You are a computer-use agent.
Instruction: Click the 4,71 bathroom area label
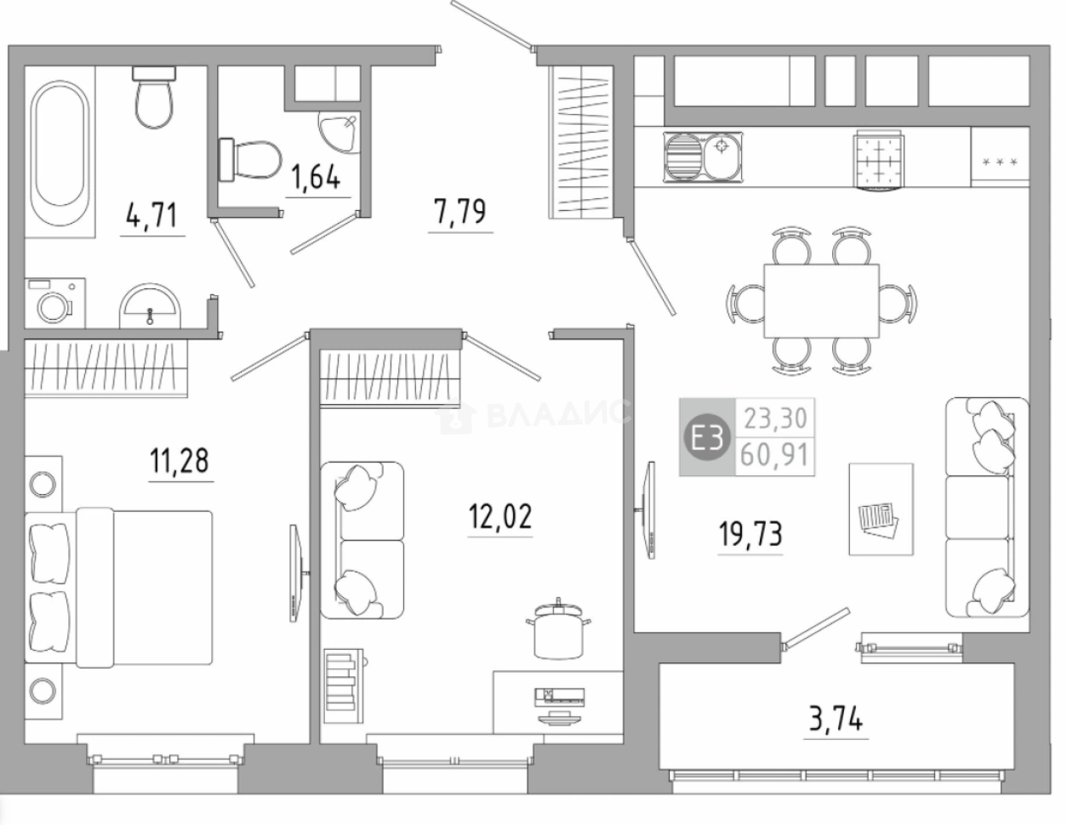coord(151,216)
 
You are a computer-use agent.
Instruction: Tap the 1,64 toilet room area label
coord(316,177)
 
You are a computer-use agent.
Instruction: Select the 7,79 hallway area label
coord(460,212)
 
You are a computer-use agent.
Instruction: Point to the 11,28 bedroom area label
coord(180,461)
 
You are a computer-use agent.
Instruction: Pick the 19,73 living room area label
coord(750,534)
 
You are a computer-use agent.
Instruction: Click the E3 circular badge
coord(707,437)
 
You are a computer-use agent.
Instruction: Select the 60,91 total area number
coord(774,455)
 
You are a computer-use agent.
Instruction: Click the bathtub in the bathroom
coord(60,153)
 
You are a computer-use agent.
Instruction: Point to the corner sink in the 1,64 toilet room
coord(339,133)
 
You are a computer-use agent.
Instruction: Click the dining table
coord(821,301)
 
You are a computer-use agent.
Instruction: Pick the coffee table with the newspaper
coord(882,509)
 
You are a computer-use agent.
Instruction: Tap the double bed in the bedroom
coord(118,588)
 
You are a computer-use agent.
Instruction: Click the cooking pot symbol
coord(558,629)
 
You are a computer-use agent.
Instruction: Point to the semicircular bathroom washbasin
coord(150,305)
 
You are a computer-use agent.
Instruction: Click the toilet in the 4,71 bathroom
coord(154,97)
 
